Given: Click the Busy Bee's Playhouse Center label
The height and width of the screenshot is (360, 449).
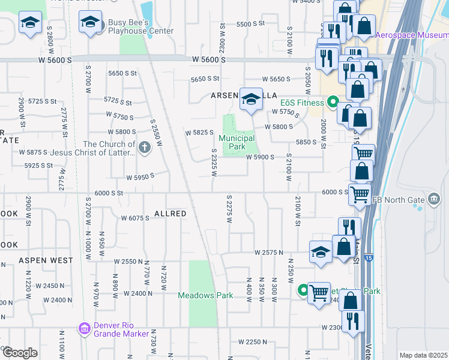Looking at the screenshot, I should (x=140, y=27).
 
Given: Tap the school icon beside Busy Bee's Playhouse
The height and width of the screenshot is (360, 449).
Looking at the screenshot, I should (x=90, y=23).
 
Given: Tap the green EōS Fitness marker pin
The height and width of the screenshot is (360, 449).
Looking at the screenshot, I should (x=332, y=103).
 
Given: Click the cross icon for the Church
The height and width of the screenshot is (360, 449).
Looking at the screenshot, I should (x=144, y=147).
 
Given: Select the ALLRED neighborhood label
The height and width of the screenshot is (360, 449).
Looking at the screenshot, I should (x=170, y=214).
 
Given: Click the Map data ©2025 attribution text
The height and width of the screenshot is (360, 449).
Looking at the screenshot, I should (x=423, y=355).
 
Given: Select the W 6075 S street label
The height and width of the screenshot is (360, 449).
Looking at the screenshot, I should (x=135, y=218).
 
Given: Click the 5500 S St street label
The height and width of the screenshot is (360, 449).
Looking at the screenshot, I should (x=251, y=24).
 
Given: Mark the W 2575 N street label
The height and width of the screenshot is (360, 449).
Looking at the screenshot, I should (x=268, y=253).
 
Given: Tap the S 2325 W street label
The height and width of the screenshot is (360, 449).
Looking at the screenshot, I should (x=213, y=163).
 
